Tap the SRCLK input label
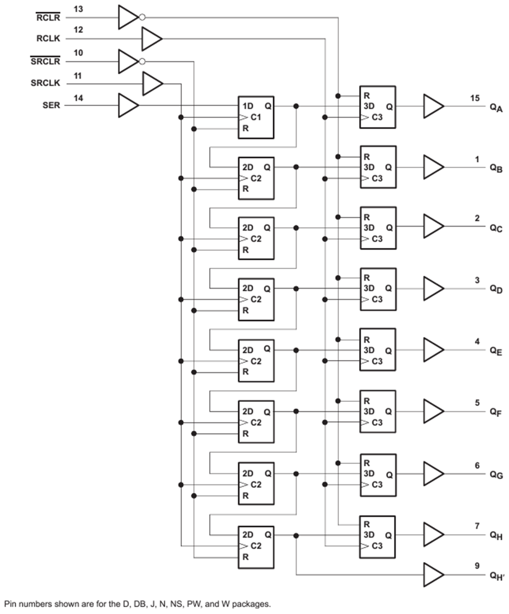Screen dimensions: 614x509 [46, 83]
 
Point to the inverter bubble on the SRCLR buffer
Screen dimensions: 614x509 [142, 61]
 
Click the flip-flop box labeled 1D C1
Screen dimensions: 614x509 [256, 116]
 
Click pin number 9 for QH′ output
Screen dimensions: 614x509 [477, 565]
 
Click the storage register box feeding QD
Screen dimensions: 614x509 [377, 289]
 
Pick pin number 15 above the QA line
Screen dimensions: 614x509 [475, 98]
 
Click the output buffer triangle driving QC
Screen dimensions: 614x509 [433, 228]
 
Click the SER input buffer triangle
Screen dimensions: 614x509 [127, 105]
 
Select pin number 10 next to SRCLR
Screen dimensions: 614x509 [79, 52]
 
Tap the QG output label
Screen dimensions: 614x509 [496, 474]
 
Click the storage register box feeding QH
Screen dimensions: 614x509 [377, 536]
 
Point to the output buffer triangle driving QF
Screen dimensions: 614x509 [433, 411]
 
